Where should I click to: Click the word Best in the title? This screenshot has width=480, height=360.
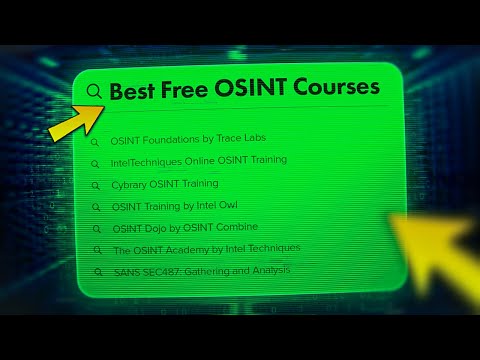click(135, 90)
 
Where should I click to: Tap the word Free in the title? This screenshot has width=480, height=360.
click(191, 90)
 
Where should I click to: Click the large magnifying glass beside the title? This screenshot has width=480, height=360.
click(95, 92)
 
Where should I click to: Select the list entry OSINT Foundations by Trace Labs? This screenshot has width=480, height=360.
click(188, 138)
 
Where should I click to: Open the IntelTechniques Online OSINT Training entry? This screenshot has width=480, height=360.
click(198, 160)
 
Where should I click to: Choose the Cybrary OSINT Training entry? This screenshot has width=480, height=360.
click(164, 184)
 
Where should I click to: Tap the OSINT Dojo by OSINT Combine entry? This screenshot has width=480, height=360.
click(184, 228)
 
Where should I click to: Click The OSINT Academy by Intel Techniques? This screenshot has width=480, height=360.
click(206, 249)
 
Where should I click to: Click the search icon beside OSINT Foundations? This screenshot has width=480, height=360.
click(95, 141)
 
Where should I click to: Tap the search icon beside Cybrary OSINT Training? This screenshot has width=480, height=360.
click(95, 185)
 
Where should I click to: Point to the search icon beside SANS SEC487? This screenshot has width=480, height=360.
click(96, 272)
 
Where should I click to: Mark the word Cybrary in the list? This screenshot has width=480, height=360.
click(129, 184)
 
